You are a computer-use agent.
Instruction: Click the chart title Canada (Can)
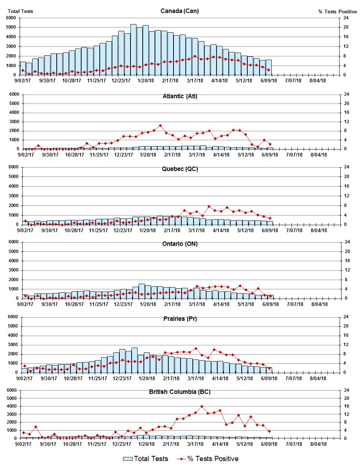click(179, 11)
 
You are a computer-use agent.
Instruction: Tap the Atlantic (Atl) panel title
click(180, 96)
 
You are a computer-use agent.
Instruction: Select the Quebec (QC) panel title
click(180, 169)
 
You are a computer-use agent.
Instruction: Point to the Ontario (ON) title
click(180, 244)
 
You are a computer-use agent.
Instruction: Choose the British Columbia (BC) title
click(180, 392)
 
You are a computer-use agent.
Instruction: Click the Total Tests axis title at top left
click(20, 11)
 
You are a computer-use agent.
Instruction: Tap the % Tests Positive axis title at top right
click(337, 11)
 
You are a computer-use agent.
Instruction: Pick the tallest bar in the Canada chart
click(133, 50)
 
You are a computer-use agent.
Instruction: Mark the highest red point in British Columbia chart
click(202, 407)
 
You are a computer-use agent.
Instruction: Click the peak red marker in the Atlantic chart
click(160, 126)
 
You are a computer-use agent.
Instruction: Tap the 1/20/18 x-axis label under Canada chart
click(146, 80)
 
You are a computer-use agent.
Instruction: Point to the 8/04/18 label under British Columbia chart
click(318, 444)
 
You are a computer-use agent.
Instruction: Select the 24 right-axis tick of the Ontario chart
click(347, 242)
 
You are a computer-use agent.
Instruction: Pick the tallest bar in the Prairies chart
click(135, 360)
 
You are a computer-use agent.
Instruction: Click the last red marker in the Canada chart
click(268, 70)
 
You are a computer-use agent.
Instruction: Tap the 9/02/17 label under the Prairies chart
click(24, 378)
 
